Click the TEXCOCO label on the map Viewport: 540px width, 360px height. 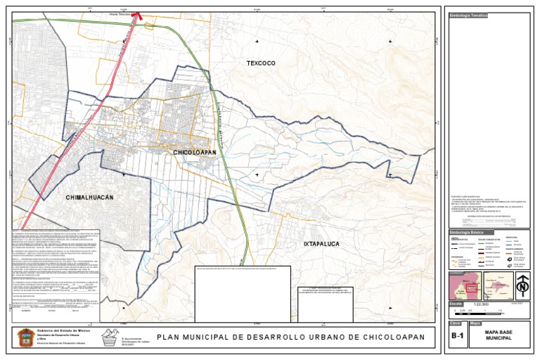[261, 63]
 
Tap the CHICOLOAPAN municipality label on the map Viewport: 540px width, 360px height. [194, 152]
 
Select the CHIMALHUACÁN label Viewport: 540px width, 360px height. [89, 198]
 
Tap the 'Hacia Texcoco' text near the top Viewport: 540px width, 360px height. [120, 14]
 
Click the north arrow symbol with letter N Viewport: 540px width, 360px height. [522, 285]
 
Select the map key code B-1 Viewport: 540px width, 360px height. [457, 337]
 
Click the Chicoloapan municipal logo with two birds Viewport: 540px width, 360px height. [108, 336]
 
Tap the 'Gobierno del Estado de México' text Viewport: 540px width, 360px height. [64, 330]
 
